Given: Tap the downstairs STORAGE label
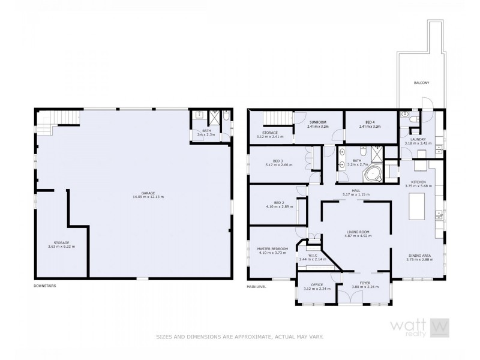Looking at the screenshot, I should pyautogui.click(x=61, y=244).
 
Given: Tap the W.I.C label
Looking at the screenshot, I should pyautogui.click(x=312, y=257).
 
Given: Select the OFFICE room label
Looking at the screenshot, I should pyautogui.click(x=317, y=286).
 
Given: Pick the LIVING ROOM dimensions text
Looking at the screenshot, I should pyautogui.click(x=356, y=236).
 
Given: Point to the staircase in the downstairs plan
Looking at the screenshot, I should pyautogui.click(x=62, y=118).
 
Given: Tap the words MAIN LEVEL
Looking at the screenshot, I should pyautogui.click(x=257, y=286).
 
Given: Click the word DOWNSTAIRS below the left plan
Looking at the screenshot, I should pyautogui.click(x=45, y=286).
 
